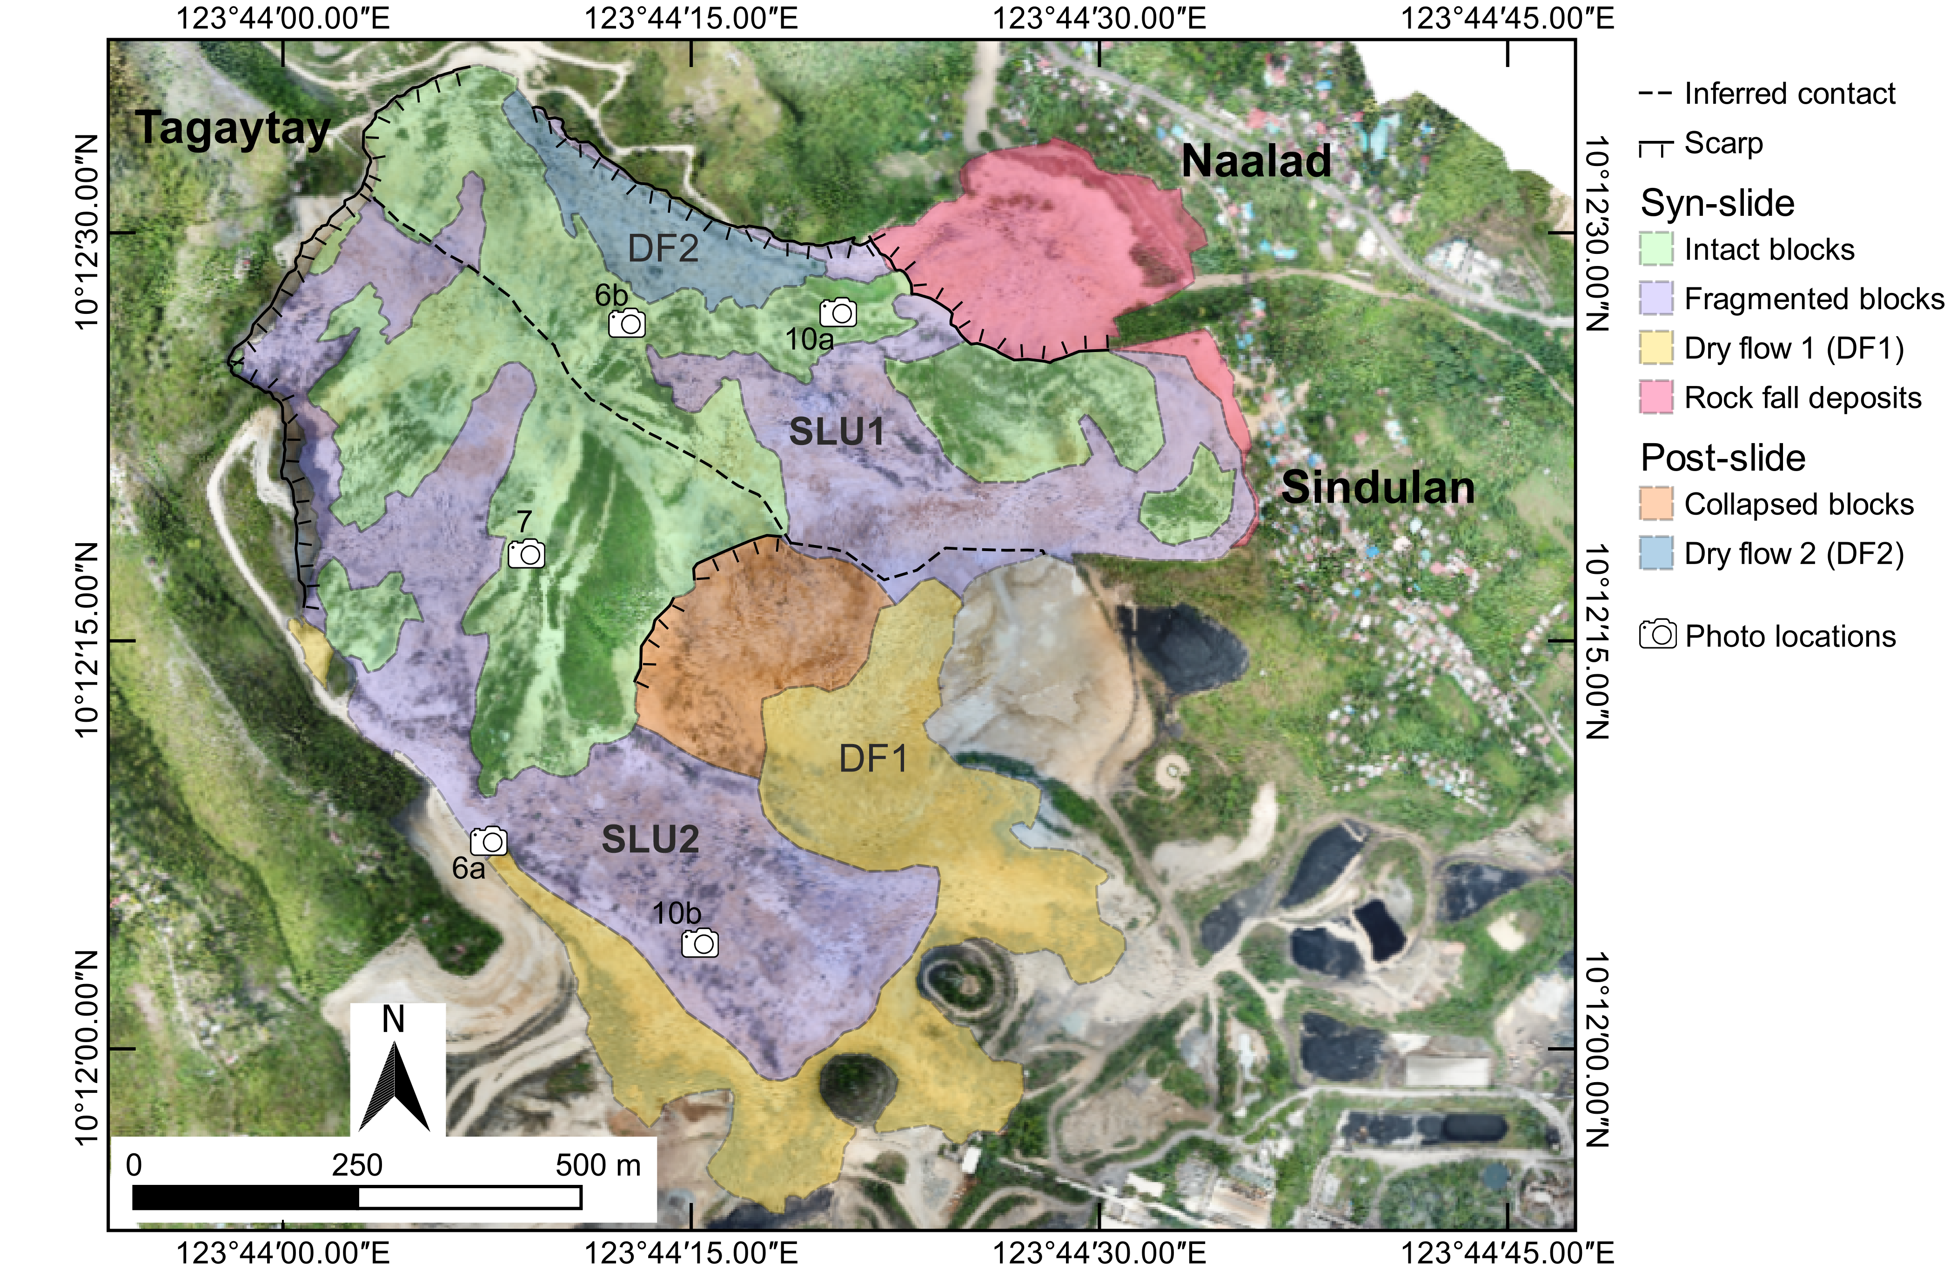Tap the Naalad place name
[1256, 161]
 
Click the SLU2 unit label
[650, 839]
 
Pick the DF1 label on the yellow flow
[873, 759]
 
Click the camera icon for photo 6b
[627, 323]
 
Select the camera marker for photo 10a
[838, 313]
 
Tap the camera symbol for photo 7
[526, 554]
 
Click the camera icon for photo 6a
[489, 841]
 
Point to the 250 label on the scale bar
[357, 1165]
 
